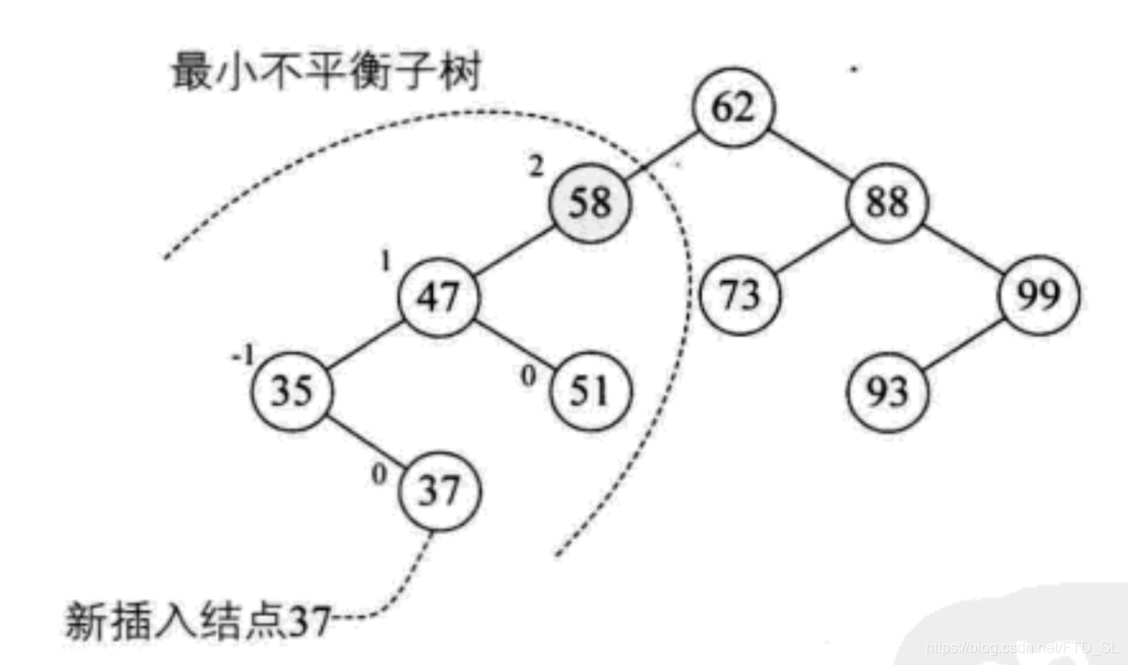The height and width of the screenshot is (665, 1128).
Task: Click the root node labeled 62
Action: (x=734, y=109)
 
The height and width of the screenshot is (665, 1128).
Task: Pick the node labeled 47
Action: (x=438, y=298)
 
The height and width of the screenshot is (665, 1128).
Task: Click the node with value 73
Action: (x=740, y=298)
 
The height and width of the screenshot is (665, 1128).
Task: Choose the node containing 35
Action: (x=291, y=392)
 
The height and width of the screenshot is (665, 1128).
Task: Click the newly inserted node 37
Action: (x=438, y=491)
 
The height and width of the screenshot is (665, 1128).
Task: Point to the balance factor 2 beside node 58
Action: (x=536, y=166)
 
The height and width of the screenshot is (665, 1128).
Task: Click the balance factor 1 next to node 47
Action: (x=385, y=261)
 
